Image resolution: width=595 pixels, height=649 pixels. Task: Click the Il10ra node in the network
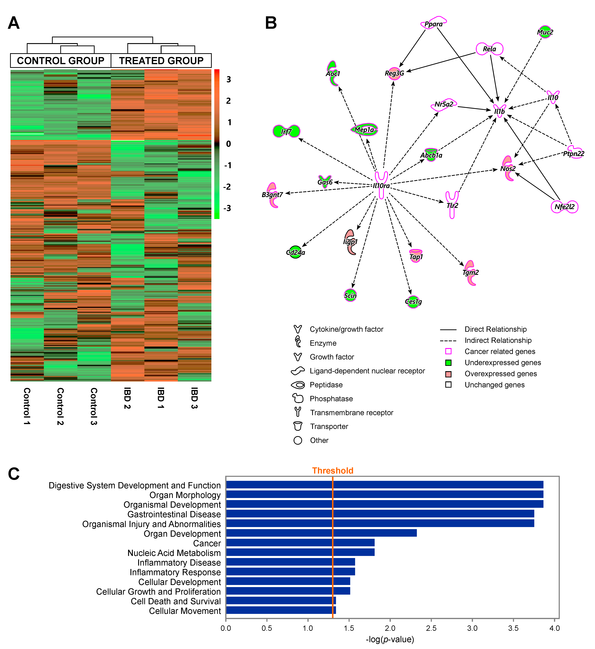pos(381,185)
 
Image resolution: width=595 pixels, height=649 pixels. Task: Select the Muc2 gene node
pos(545,32)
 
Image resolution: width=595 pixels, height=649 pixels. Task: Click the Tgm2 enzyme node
pos(470,272)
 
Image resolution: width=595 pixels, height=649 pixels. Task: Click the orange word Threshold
pos(333,471)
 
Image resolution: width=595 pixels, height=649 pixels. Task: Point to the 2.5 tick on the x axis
pos(431,628)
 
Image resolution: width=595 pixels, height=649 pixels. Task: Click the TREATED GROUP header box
pos(161,61)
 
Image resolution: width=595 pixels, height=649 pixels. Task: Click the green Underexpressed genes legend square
pos(448,363)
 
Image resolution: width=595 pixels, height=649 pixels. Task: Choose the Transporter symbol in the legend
pos(298,426)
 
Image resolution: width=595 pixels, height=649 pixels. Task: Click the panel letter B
pos(271,23)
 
